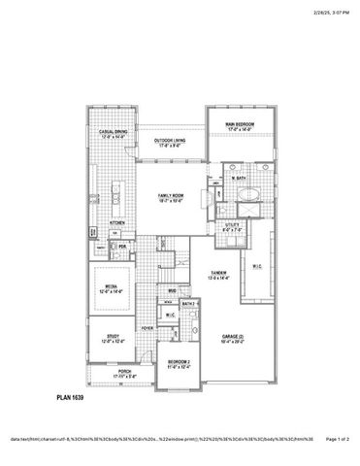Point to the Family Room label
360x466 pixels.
pos(171,197)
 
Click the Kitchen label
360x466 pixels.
pos(115,221)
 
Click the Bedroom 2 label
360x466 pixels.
pos(179,363)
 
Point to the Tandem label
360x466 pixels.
pos(217,276)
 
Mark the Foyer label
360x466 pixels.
pos(147,328)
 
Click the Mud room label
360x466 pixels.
pos(172,290)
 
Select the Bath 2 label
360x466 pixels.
pos(190,304)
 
